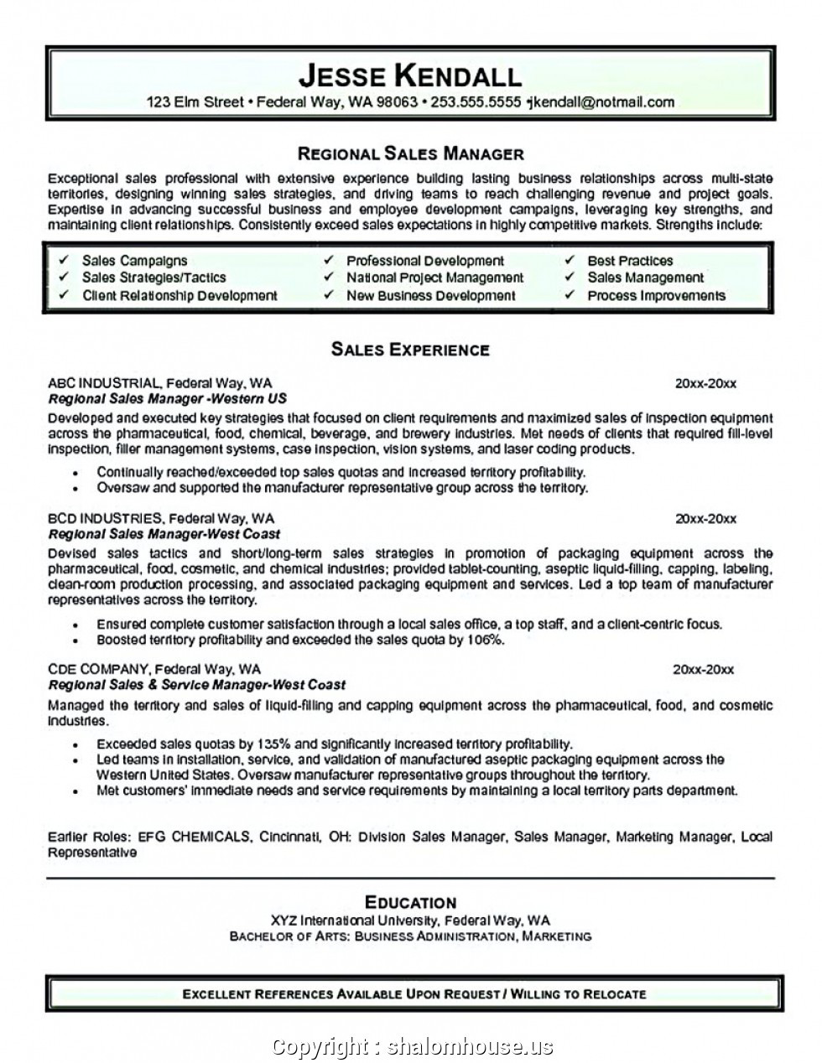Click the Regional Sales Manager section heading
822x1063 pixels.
click(411, 153)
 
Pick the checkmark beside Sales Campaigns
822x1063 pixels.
click(64, 261)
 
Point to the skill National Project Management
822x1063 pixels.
click(434, 277)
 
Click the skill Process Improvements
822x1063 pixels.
click(656, 295)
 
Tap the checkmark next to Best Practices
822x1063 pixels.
click(570, 261)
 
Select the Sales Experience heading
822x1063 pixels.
click(410, 350)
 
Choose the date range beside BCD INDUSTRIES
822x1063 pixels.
click(705, 519)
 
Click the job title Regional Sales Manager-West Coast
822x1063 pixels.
click(164, 534)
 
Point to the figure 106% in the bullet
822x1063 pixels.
click(485, 640)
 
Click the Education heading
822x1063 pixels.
click(410, 903)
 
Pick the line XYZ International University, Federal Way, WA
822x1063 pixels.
click(410, 920)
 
